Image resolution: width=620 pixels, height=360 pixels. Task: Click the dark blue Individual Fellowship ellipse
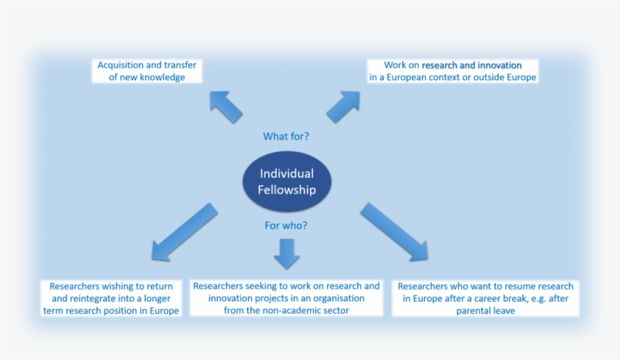point(287,182)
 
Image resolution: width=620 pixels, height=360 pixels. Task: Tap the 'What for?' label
point(286,137)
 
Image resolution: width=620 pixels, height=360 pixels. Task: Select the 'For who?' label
point(286,225)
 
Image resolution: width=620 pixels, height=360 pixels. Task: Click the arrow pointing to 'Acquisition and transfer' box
point(226,107)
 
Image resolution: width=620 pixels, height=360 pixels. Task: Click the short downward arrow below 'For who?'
point(287,253)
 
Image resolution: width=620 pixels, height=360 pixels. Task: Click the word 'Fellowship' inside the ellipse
point(287,190)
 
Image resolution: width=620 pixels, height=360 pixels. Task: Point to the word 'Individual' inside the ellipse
point(287,174)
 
